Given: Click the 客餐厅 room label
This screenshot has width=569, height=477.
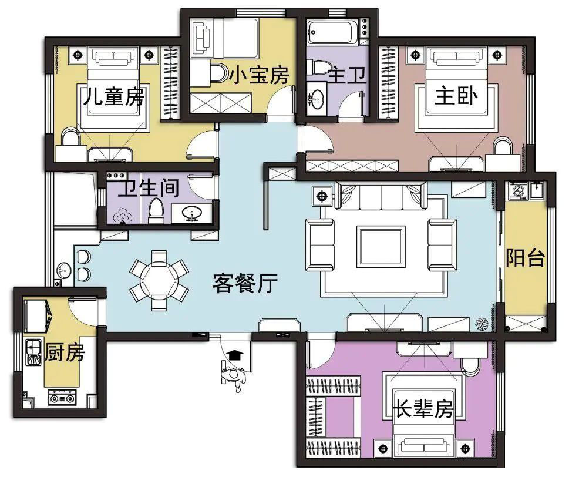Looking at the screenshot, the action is pos(245,283).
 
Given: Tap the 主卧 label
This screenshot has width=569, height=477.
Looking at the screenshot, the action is pos(456,96).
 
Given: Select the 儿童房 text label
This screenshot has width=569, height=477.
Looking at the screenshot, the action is pos(114,96).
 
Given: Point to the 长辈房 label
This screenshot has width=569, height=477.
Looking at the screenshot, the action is pos(423,409).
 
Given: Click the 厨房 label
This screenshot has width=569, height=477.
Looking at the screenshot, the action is pos(65,352).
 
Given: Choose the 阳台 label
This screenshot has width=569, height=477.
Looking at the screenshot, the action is pos(525,258).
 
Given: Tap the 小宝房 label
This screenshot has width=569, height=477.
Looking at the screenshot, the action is pos(259,75).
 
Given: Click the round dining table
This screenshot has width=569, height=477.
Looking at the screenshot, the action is pos(159,281).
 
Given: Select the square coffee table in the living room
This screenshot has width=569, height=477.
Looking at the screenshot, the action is pos(381,247).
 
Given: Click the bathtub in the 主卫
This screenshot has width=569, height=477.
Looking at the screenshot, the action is pos(333,33).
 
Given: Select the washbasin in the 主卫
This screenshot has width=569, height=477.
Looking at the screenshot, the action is pos(317,98).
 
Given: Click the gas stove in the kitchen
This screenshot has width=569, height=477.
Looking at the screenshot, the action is pos(62,397).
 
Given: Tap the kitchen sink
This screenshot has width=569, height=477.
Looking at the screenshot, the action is pos(33,352).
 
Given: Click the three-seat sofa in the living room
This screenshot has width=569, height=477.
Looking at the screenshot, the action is pos(381,195).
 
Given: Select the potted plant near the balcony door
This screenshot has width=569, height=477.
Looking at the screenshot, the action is pos(482,324).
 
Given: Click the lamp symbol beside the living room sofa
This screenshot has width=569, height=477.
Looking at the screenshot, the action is pos(322,196).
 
